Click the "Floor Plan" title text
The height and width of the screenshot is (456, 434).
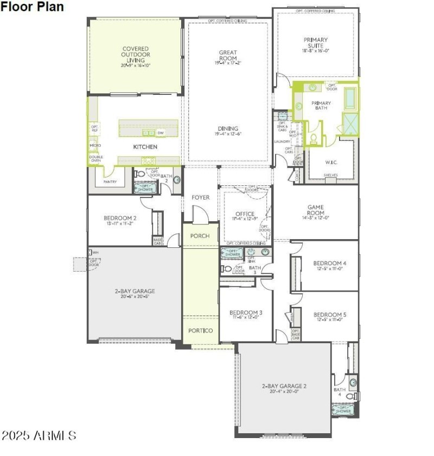point(32,7)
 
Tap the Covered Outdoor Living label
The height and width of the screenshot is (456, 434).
point(136,55)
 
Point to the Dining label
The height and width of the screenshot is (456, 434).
point(228,129)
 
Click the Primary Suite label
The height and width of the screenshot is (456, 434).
point(315,42)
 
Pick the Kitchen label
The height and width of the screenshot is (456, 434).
point(145,147)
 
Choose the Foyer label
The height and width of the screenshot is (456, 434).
point(200,197)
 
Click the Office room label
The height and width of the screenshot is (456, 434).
point(245,214)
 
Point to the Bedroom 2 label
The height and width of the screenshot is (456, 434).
point(120,219)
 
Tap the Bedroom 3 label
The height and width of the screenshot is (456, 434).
point(246,313)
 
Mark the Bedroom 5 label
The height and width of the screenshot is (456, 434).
point(329,314)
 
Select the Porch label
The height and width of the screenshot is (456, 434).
point(200,236)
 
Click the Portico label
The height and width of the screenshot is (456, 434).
point(200,331)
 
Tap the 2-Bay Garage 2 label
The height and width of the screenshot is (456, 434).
point(284,387)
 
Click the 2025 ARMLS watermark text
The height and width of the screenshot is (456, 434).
point(39,435)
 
